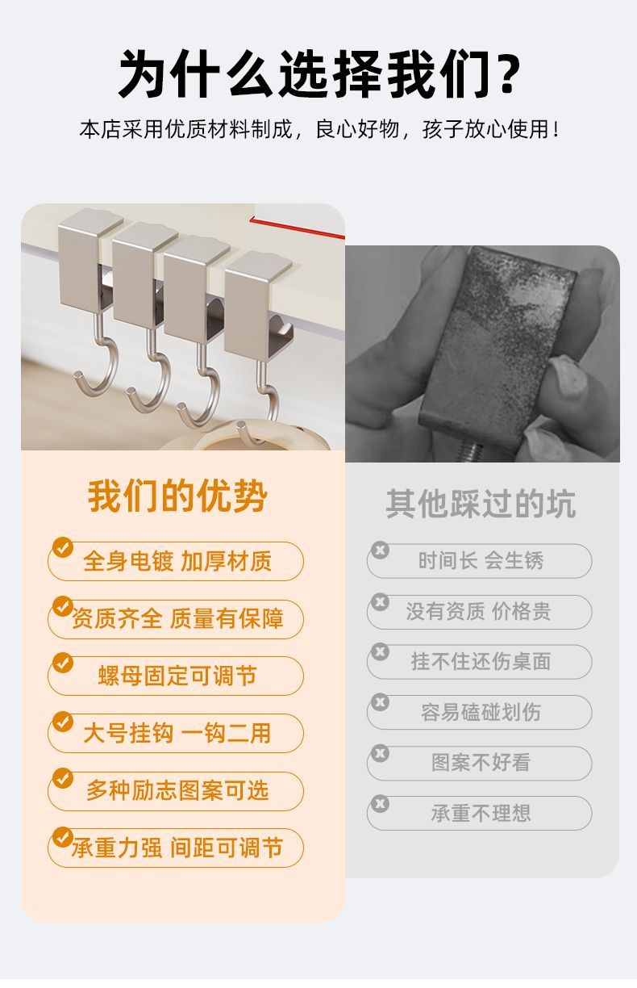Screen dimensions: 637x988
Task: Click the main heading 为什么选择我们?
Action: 320,73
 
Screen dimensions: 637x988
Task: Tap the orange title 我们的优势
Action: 177,496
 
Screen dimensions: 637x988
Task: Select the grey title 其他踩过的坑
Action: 481,503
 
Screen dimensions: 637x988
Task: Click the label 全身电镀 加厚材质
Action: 177,561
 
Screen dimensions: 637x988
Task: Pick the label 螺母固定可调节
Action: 177,676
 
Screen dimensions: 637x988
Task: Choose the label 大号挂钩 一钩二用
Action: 177,733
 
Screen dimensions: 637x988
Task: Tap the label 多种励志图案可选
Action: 177,790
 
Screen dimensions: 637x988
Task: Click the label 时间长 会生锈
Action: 481,561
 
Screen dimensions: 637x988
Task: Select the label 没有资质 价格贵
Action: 479,611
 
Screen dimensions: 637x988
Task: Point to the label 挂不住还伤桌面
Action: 481,662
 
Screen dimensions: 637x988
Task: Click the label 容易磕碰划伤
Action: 481,712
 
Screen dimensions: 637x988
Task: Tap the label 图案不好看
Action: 481,763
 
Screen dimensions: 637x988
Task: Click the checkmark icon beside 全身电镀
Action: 63,547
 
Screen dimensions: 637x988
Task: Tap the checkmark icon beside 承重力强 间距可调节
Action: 63,836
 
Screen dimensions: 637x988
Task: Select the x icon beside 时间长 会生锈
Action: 380,550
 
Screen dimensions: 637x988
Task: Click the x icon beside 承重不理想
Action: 380,804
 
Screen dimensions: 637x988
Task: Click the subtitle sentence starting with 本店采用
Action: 320,129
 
